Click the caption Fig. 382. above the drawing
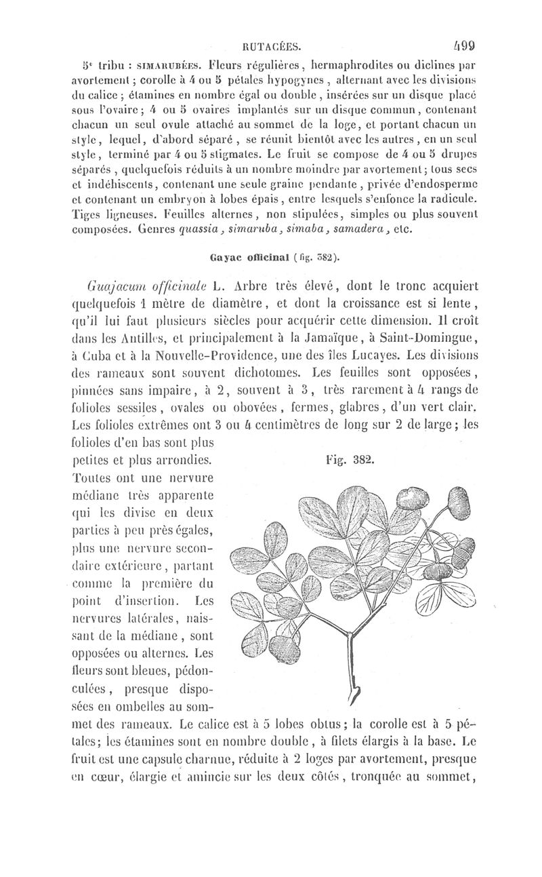350,459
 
